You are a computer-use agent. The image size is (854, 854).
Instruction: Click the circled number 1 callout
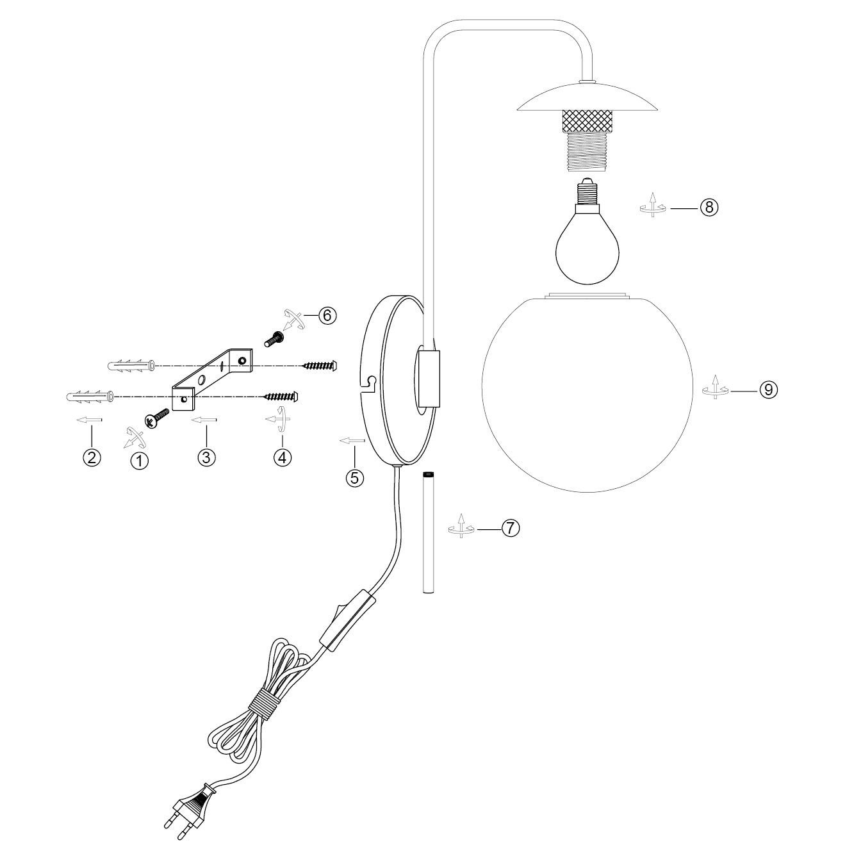point(139,460)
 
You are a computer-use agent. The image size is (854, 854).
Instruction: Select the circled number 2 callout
point(92,457)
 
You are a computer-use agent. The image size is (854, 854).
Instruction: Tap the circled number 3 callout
point(206,457)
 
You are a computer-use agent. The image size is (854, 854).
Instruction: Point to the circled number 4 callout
point(283,457)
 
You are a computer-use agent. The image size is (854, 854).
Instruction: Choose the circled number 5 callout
point(354,477)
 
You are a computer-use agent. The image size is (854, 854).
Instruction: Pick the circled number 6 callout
point(327,315)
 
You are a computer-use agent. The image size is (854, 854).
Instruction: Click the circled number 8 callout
point(709,207)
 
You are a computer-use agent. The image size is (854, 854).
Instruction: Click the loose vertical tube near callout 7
point(428,532)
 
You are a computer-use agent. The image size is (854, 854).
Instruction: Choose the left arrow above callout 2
point(89,420)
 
